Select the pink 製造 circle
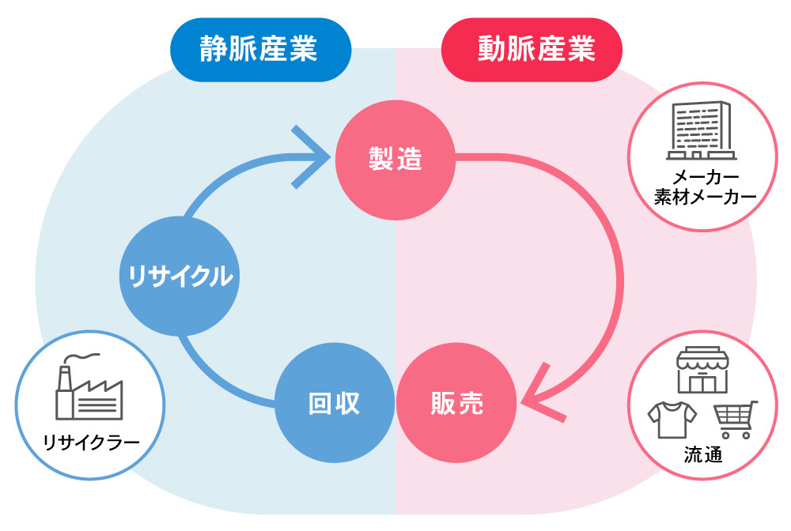click(395, 160)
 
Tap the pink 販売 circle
click(456, 404)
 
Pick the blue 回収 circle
click(334, 404)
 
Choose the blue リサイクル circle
click(180, 277)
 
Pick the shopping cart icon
click(735, 420)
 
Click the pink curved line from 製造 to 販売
click(609, 261)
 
